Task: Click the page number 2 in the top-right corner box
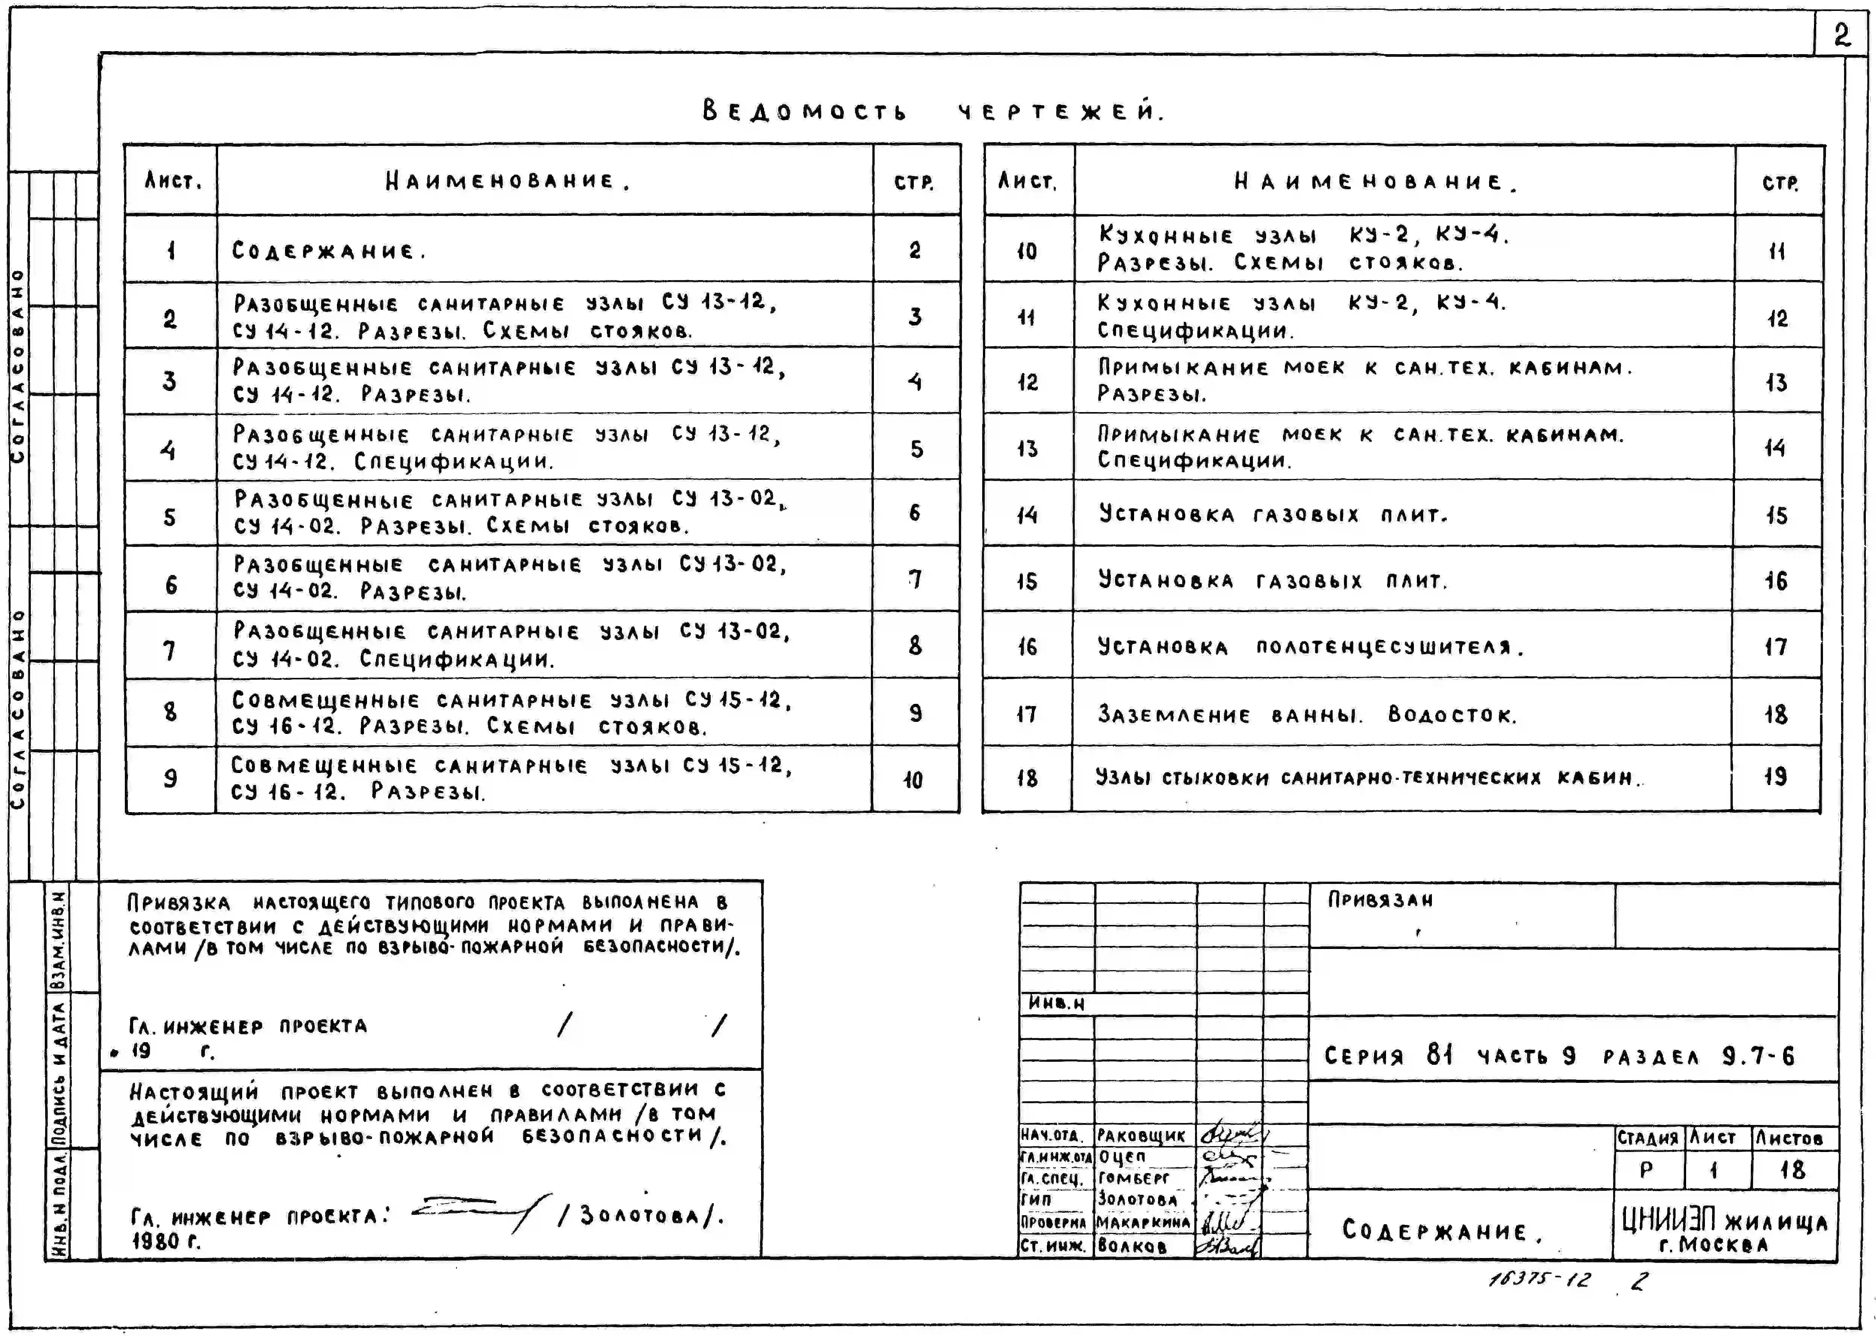[x=1841, y=35]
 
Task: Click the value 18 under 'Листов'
[x=1792, y=1170]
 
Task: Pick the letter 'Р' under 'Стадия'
[x=1646, y=1170]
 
